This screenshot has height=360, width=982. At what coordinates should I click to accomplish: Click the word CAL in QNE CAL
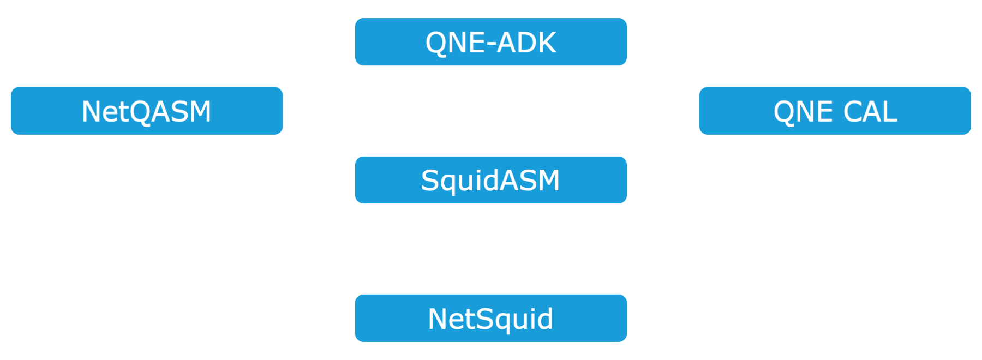(x=870, y=112)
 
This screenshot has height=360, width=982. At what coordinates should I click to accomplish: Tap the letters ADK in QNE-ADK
(x=526, y=43)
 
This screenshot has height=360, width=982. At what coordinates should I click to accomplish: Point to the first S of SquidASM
(x=430, y=181)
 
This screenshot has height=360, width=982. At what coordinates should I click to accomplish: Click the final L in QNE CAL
(x=890, y=112)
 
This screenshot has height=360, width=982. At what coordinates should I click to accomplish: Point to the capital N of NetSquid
(x=438, y=319)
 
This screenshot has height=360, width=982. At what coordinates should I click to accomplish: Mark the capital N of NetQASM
(x=91, y=112)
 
